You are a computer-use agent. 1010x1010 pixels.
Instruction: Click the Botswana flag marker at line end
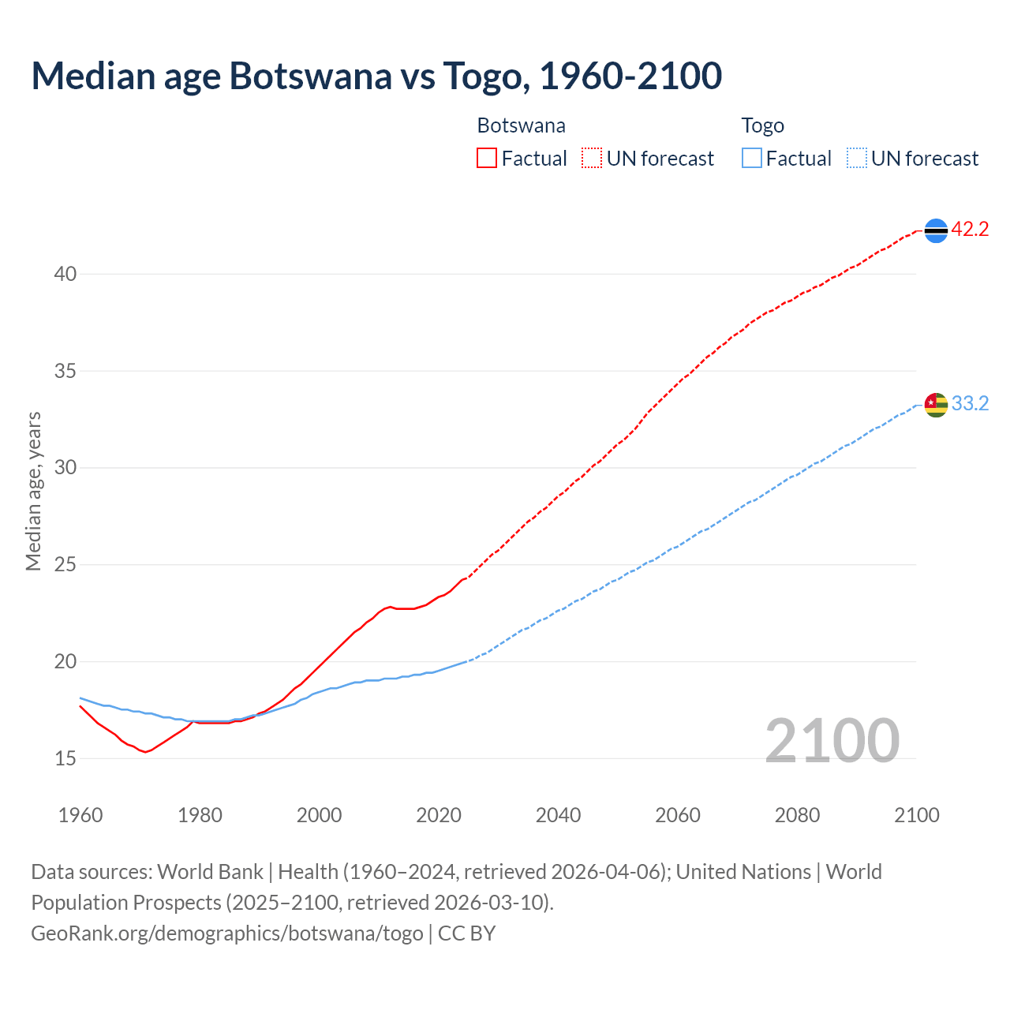[x=936, y=230]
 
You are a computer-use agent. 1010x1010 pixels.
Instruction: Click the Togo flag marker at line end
[x=936, y=405]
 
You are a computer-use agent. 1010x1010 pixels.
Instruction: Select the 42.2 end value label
[x=970, y=230]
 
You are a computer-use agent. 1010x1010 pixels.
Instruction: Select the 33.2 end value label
[x=970, y=404]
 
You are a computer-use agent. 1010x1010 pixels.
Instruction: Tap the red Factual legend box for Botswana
[x=487, y=159]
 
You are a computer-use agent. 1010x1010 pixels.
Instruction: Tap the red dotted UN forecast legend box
[x=592, y=159]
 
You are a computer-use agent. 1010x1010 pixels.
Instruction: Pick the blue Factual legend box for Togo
[x=752, y=159]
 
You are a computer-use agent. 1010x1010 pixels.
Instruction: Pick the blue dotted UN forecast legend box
[x=856, y=159]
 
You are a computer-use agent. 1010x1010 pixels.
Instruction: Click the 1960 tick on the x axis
[x=80, y=815]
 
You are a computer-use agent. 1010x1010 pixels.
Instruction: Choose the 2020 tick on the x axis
[x=439, y=815]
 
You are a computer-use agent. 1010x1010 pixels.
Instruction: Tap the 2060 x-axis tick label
[x=678, y=815]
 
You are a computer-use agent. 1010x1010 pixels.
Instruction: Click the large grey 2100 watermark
[x=832, y=740]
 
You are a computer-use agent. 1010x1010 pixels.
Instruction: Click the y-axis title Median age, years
[x=33, y=491]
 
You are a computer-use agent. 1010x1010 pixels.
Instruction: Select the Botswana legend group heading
[x=521, y=125]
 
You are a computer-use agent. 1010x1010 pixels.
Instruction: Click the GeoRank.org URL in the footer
[x=227, y=933]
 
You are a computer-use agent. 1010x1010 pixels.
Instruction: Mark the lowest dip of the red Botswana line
[x=145, y=752]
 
